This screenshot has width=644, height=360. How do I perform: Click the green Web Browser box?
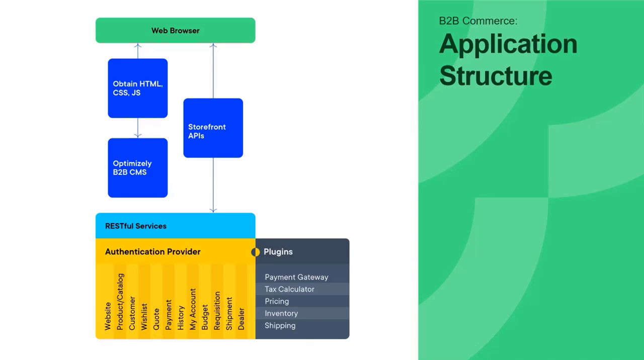pos(175,30)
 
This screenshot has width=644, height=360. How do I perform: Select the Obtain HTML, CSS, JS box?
pos(137,88)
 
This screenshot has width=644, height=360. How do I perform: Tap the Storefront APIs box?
pos(213,128)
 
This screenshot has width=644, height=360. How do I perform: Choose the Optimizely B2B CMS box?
pos(137,167)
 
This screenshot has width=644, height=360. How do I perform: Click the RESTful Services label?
pos(136,226)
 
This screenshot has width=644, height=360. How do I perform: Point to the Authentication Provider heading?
pos(152,251)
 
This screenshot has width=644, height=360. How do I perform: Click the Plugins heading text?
pos(278,251)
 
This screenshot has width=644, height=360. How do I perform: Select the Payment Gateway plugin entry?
pos(296,277)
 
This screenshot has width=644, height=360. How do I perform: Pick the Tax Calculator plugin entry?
pos(289,289)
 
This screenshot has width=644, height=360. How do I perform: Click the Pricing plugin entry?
pos(277,301)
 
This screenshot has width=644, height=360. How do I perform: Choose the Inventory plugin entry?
pos(281,313)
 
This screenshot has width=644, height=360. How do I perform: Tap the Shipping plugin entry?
pos(280,325)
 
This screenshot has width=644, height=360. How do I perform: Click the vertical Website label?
pos(108,316)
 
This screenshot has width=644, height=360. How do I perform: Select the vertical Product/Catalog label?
pos(120,302)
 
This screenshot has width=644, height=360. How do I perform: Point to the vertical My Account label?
pos(193,309)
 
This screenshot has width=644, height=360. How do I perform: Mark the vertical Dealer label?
pos(241,319)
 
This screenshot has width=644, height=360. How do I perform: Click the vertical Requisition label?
pos(217,311)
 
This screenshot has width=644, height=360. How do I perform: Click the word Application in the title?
pos(508,44)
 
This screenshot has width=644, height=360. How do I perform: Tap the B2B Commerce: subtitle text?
pos(478,21)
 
